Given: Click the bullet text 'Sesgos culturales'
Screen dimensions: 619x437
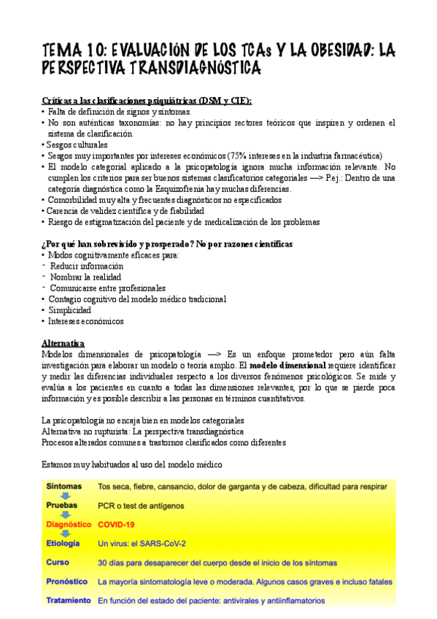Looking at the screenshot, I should [77, 145].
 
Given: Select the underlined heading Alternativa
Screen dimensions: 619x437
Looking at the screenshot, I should [63, 343].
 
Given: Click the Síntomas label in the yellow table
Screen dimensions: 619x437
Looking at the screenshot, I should [64, 485].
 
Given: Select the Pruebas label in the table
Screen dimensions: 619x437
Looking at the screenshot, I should [62, 505].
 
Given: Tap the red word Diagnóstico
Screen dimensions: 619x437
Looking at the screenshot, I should [69, 524].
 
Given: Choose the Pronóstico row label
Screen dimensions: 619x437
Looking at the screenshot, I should [67, 582].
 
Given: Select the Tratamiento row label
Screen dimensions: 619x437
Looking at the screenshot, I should [69, 601].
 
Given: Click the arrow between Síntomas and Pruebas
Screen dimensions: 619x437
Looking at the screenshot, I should [63, 495].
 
